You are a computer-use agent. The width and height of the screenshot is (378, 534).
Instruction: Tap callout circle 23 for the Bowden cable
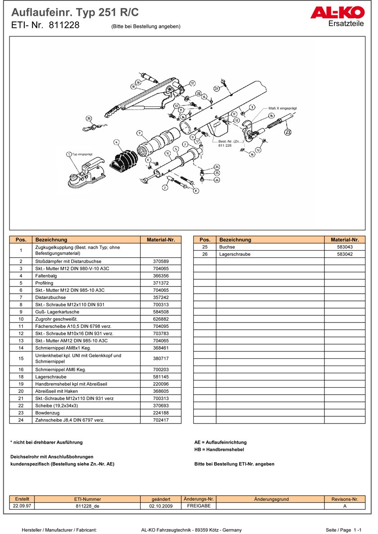[288, 132]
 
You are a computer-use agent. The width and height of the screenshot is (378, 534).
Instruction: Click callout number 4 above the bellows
[116, 142]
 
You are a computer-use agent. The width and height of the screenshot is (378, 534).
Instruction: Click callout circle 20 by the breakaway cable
[89, 119]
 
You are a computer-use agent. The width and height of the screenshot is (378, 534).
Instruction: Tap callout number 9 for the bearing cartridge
[140, 133]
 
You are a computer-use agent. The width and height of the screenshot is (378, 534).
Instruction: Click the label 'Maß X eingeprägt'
[282, 108]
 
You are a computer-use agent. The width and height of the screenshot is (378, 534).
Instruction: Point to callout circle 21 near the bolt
[216, 89]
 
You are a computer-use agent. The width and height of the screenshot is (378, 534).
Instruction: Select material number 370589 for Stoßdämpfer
[160, 261]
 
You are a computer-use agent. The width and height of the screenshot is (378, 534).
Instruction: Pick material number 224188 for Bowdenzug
[160, 413]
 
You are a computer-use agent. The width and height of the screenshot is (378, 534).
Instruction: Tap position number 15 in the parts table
[21, 359]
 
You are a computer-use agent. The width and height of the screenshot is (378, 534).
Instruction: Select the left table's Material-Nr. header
[160, 240]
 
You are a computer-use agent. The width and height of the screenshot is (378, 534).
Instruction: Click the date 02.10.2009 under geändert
[161, 506]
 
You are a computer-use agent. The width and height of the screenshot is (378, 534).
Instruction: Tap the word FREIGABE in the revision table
[198, 506]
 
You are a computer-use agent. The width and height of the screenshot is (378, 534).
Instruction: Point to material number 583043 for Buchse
[345, 247]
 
